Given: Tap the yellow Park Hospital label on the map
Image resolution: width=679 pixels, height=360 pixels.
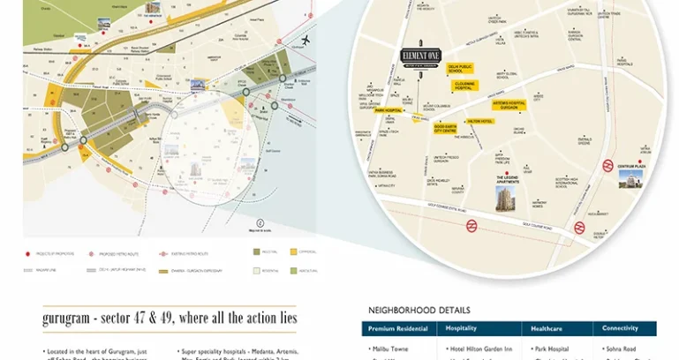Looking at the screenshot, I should [388, 111].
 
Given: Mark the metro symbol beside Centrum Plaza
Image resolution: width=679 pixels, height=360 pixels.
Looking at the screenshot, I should [608, 164].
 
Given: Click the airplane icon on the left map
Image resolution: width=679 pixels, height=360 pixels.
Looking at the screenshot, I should [306, 41].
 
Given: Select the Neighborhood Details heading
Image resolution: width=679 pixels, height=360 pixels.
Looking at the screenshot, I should [415, 310].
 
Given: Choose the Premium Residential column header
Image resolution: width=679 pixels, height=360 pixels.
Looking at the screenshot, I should [398, 328].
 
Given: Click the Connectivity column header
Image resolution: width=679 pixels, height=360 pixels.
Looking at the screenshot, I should [621, 328].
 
